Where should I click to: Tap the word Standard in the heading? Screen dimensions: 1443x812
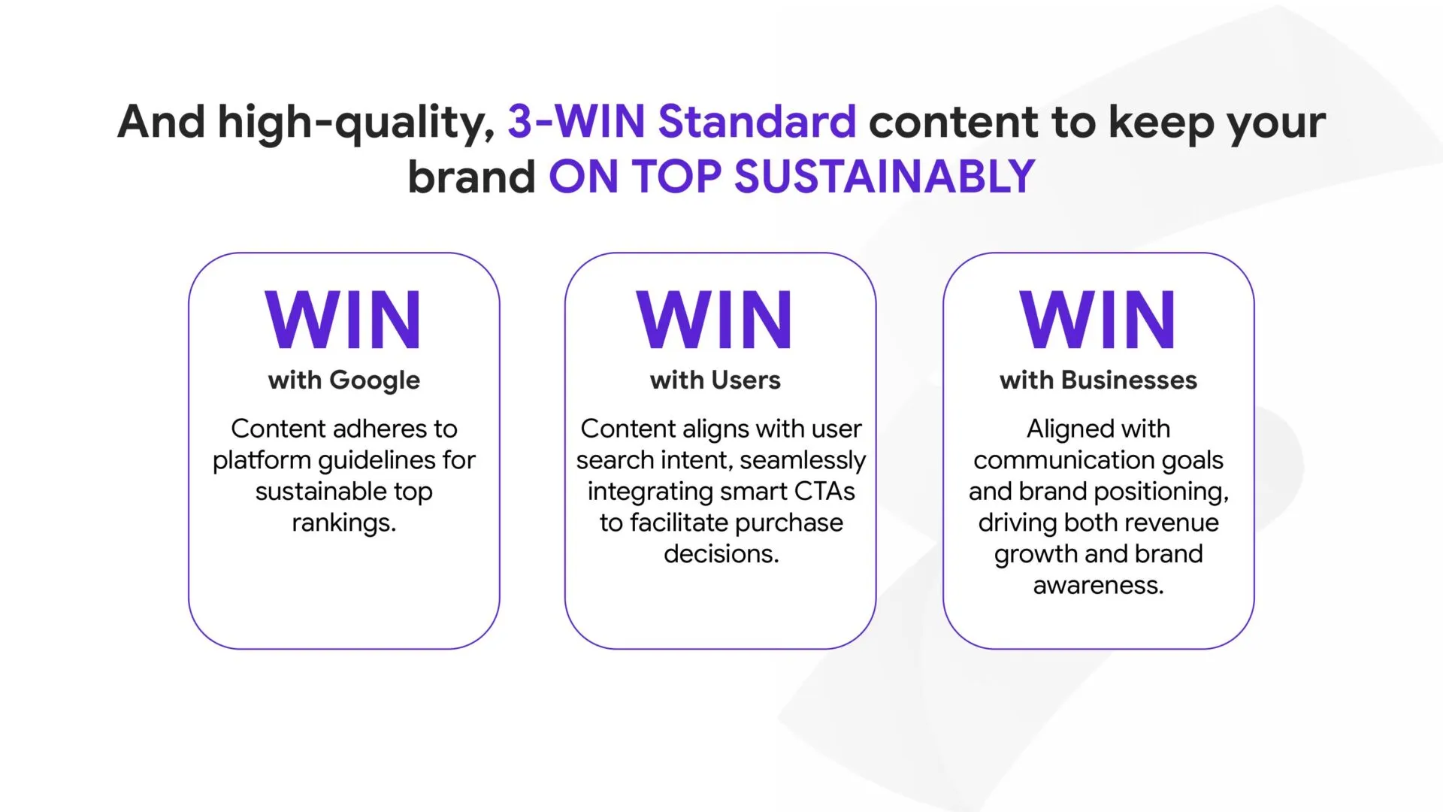point(757,121)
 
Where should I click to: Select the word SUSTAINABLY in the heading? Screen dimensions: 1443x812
point(885,177)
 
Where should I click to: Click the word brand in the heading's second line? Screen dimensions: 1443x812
point(472,177)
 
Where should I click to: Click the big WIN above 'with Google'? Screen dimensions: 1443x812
point(343,320)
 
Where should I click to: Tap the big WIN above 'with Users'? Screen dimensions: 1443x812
point(715,320)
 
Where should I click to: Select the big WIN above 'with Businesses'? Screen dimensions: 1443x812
point(1098,320)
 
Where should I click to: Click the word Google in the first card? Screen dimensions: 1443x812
point(374,381)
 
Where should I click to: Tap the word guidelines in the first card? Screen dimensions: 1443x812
point(377,461)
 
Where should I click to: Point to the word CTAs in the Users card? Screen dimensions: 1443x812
point(824,492)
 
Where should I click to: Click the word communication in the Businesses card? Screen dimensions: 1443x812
point(1060,460)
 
